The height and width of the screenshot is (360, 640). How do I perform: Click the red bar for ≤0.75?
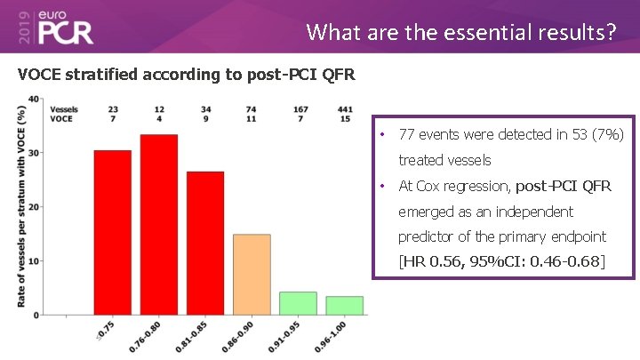(x=113, y=232)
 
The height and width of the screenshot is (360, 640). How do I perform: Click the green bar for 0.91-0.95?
(x=298, y=303)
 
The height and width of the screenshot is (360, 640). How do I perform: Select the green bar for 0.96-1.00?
(x=344, y=305)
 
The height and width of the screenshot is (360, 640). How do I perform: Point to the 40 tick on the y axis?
(x=33, y=99)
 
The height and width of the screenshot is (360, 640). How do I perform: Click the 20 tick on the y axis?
(x=33, y=207)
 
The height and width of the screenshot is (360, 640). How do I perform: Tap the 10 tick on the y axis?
(x=33, y=261)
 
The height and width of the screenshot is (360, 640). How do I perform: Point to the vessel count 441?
(x=345, y=109)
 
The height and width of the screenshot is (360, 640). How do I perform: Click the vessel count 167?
(x=299, y=109)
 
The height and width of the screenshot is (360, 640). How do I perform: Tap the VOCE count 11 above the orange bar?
(x=252, y=118)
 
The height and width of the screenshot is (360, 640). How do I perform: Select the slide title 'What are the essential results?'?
(x=460, y=32)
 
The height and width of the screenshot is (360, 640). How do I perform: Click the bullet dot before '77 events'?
(x=381, y=135)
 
